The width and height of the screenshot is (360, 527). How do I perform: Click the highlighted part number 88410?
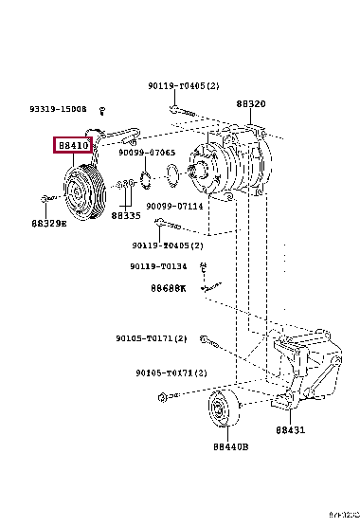[73, 146]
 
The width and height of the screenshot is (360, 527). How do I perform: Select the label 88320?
[251, 104]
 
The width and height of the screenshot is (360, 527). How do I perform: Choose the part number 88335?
[125, 215]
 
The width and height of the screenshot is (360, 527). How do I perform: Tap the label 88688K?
[168, 287]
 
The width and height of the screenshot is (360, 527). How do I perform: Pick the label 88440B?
[230, 445]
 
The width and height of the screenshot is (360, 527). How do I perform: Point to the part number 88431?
[291, 429]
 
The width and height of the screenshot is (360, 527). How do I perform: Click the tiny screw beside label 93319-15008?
[103, 111]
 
